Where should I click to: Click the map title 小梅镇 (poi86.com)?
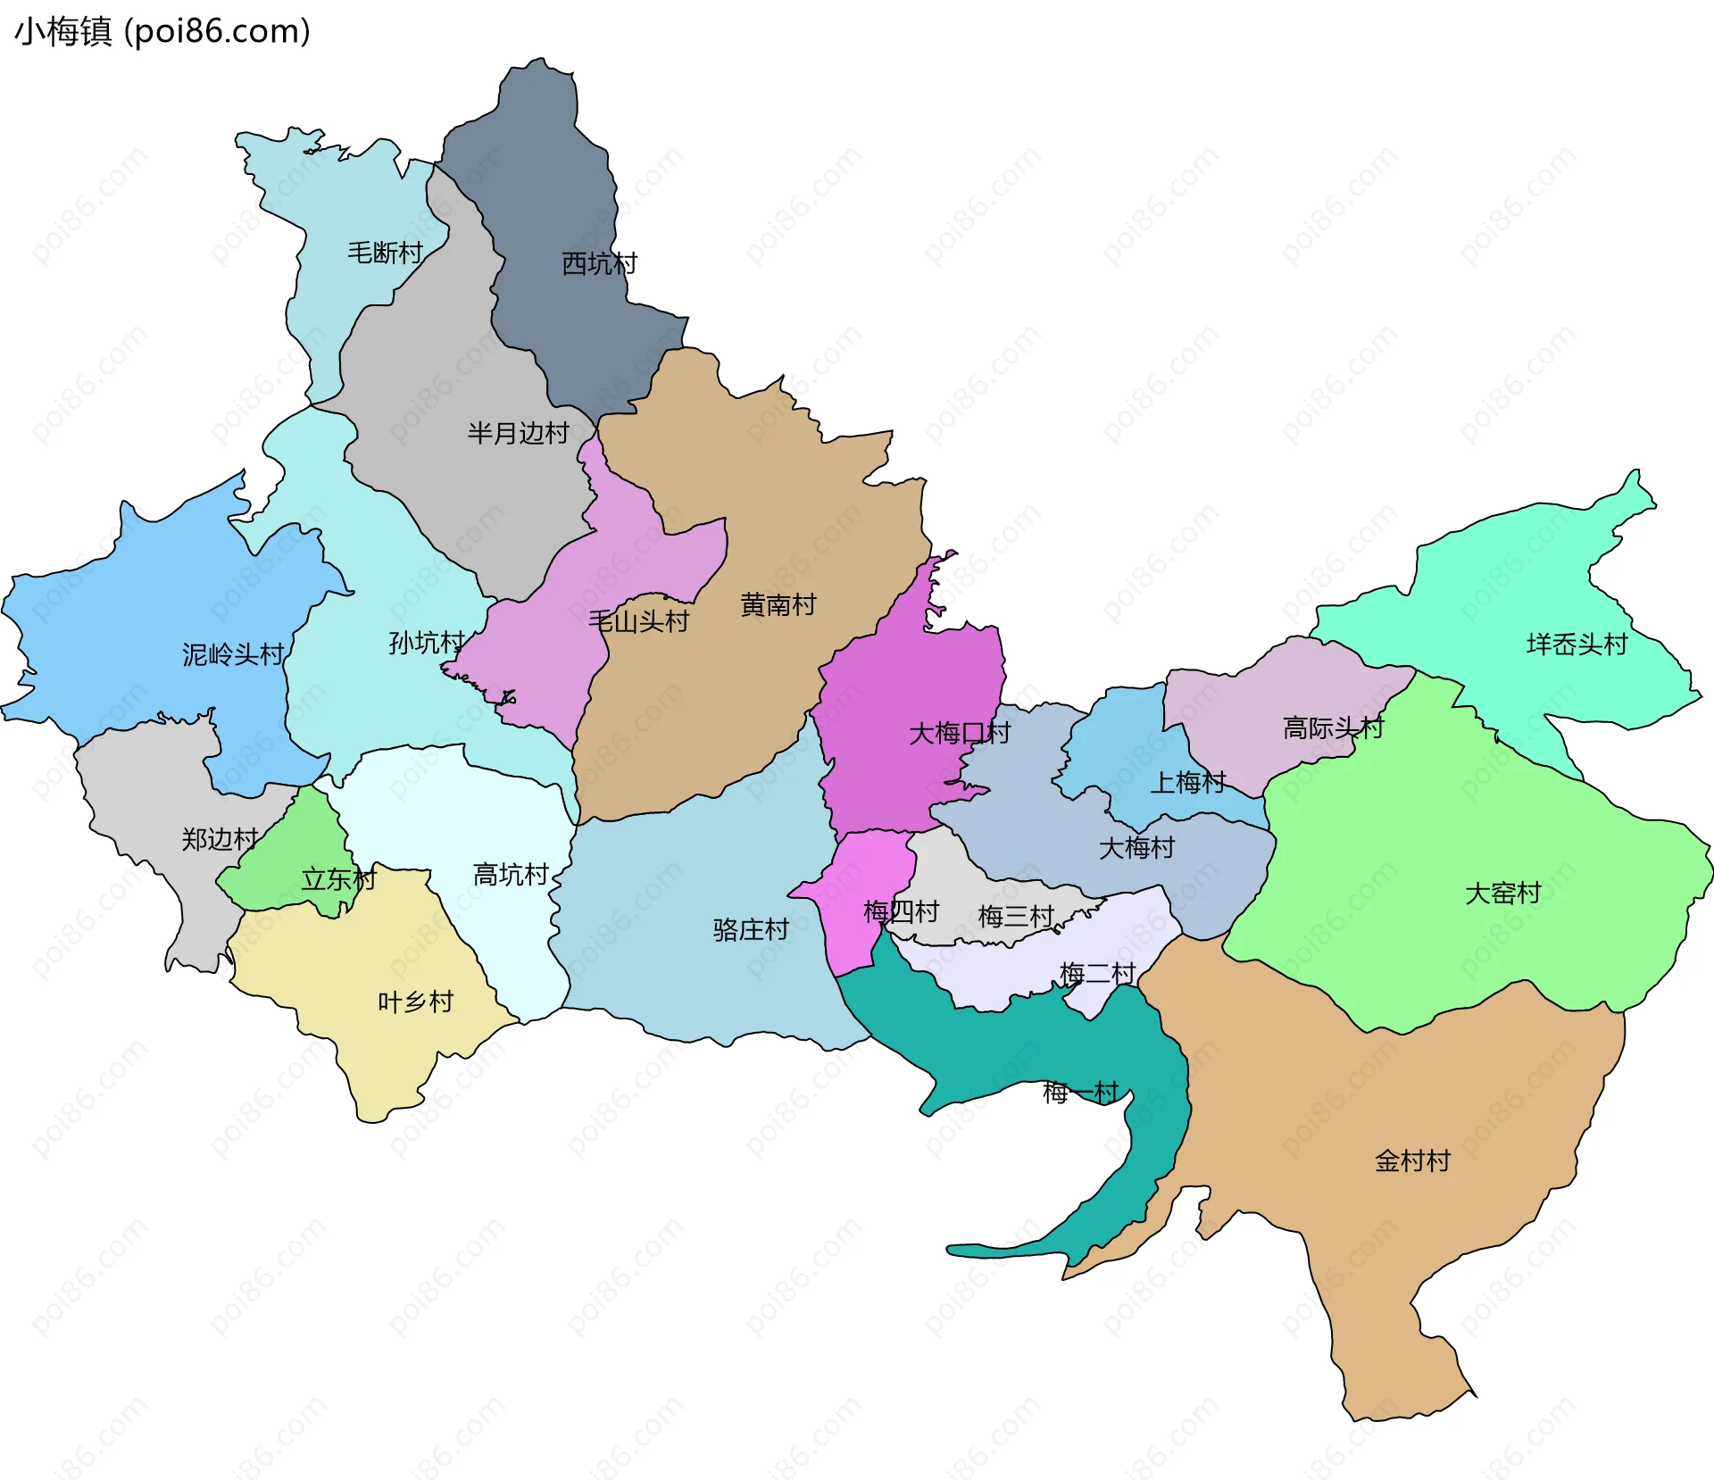pos(162,31)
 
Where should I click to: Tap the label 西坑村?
pos(599,263)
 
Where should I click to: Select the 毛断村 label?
pos(385,253)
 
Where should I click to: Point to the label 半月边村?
pos(518,433)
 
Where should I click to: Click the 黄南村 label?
pos(778,604)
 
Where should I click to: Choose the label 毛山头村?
pos(638,620)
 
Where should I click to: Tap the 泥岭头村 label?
pos(232,654)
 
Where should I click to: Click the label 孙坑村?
pos(427,642)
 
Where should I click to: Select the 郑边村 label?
pos(220,838)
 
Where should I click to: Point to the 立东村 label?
pos(338,879)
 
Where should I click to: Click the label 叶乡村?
pos(415,1002)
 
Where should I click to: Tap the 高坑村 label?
pos(510,874)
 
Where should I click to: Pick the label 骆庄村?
pos(750,929)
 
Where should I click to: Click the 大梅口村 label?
pos(959,733)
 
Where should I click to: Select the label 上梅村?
pos(1187,782)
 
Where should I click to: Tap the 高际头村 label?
pos(1332,728)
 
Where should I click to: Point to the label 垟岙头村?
pos(1577,644)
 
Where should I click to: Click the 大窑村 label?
pos(1502,893)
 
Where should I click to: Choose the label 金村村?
pos(1412,1160)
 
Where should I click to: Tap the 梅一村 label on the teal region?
pos(1080,1092)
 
